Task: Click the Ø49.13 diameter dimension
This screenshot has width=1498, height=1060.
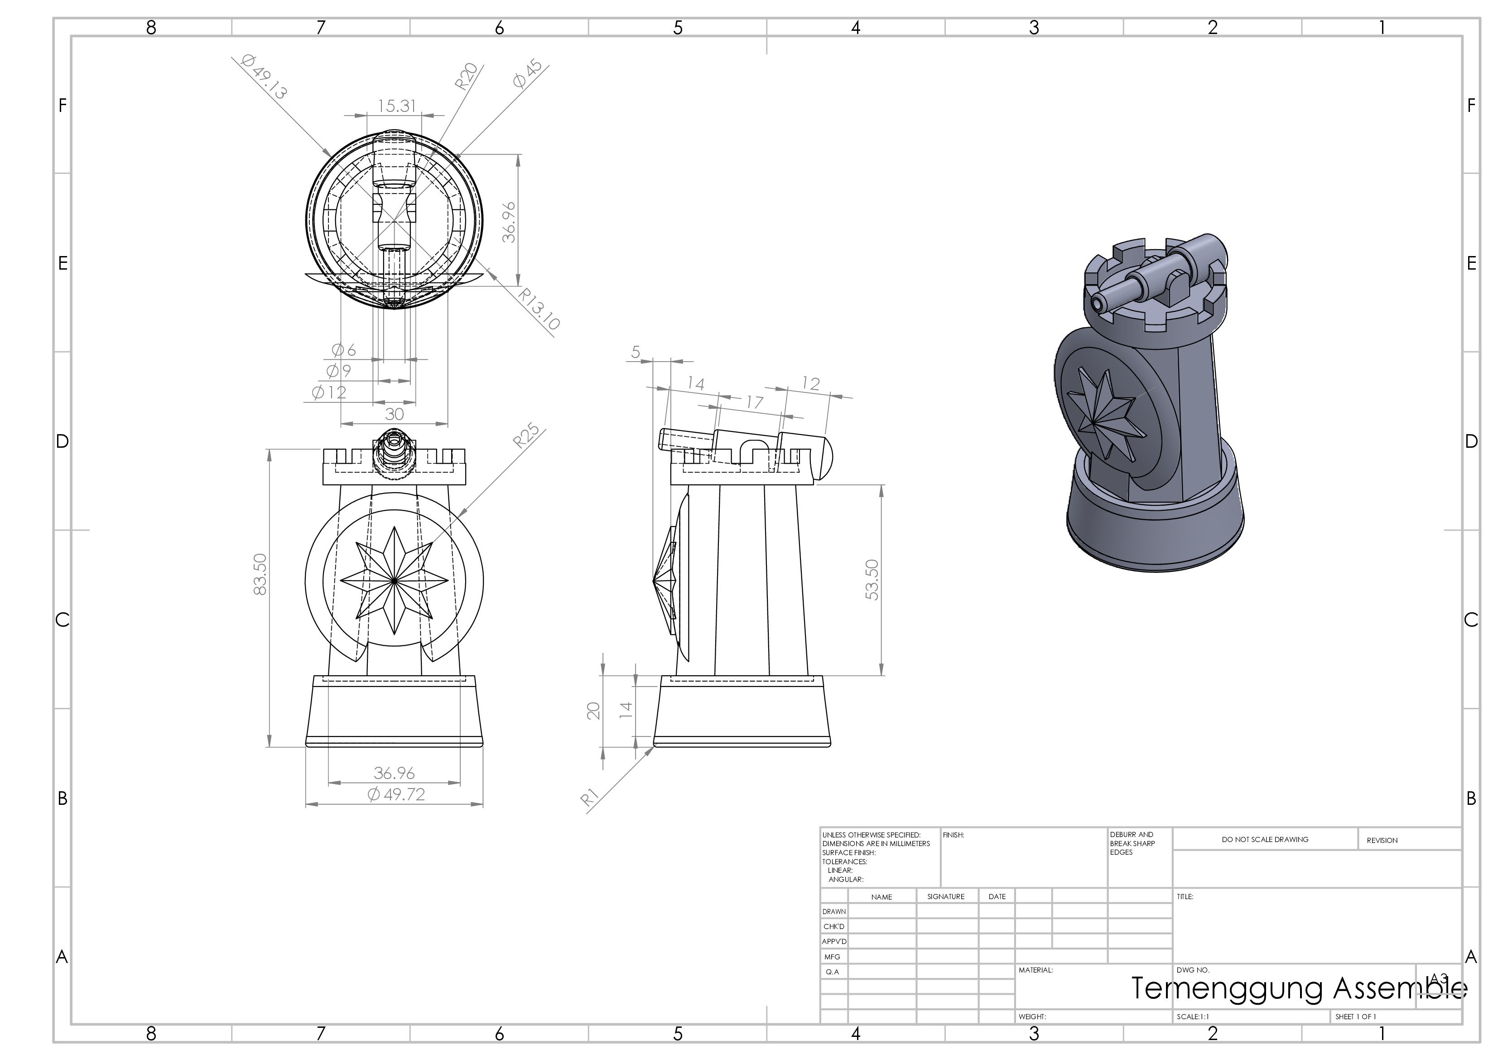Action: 264,77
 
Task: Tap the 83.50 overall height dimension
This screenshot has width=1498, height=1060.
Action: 260,574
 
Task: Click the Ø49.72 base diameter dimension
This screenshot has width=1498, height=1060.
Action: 396,794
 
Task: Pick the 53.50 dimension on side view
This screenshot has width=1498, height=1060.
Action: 872,580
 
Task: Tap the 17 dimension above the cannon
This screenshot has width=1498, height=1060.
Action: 754,402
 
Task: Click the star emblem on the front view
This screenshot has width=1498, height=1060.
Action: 394,580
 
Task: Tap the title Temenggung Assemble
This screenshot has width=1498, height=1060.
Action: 1298,988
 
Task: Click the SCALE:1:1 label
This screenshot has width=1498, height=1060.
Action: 1193,1017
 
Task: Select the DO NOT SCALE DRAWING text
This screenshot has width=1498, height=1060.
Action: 1264,839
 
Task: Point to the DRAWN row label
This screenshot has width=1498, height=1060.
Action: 834,912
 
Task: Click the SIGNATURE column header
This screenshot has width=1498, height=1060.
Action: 945,897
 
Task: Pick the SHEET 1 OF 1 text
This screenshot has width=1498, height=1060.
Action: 1355,1017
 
